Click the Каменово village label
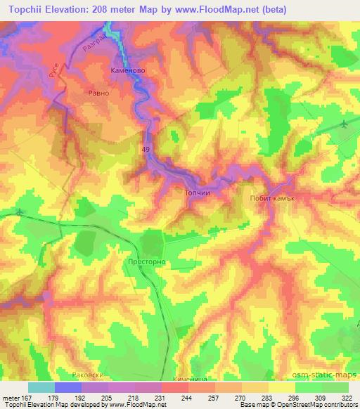tap(128, 72)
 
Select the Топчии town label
tap(197, 200)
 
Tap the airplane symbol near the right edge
tap(342, 124)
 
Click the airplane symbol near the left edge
tap(18, 212)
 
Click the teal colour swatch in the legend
tap(41, 387)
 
